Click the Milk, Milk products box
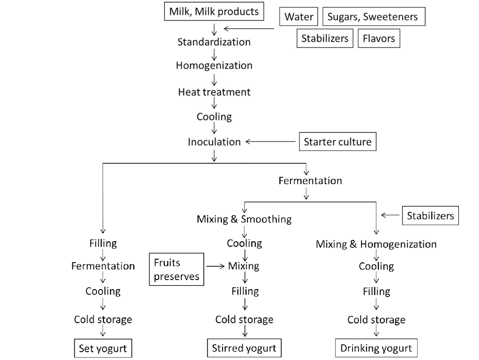pos(214,12)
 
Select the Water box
pos(299,17)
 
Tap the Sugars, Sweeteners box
pos(373,17)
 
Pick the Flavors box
pos(379,38)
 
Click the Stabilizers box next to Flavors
pos(325,38)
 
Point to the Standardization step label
pos(214,42)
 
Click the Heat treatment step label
pos(214,92)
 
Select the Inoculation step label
pos(214,142)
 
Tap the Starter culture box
pos(337,142)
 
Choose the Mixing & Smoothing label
pos(244,219)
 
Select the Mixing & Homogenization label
pos(376,244)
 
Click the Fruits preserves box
pos(176,269)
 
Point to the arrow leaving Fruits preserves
pos(215,266)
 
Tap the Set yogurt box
pos(103,348)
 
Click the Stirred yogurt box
pos(244,348)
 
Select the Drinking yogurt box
pos(376,348)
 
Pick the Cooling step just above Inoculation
pos(214,117)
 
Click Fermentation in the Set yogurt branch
pos(103,266)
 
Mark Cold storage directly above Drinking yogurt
pos(376,320)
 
